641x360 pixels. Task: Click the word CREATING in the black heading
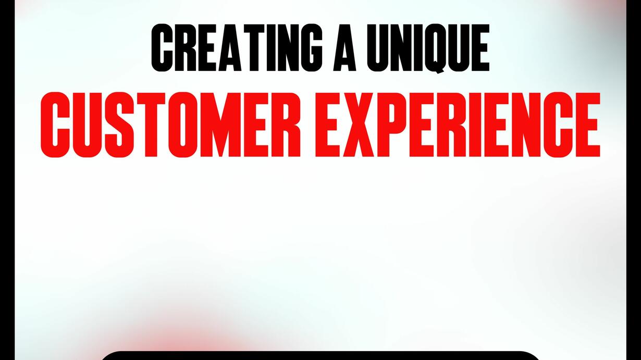click(x=237, y=47)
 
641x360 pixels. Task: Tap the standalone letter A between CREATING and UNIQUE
click(x=344, y=47)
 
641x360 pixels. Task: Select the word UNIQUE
click(x=428, y=48)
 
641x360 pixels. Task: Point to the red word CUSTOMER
click(x=170, y=125)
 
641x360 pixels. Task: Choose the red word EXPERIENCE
click(x=458, y=125)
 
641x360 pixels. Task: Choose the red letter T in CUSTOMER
click(x=150, y=125)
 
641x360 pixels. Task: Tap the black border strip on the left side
click(x=7, y=180)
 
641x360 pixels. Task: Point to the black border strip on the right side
click(x=634, y=180)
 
